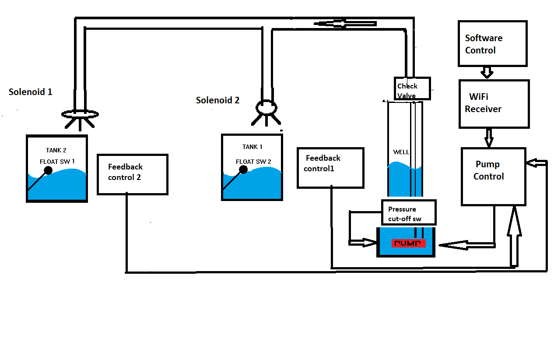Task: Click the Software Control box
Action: pos(492,43)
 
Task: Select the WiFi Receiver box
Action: pos(494,104)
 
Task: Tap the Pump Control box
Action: pos(493,176)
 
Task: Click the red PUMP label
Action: pos(409,243)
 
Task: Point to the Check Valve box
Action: pos(412,88)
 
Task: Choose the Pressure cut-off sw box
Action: pos(409,214)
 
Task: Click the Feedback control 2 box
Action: pos(132,174)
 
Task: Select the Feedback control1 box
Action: pos(330,168)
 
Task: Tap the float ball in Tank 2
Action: pos(48,170)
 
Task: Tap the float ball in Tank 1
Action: pos(244,170)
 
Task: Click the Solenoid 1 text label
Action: pos(30,92)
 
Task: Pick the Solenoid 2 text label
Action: pos(217,100)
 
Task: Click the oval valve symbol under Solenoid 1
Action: pos(80,114)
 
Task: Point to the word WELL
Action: pos(401,152)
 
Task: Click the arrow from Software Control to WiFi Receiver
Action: pos(487,72)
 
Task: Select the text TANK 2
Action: pos(56,150)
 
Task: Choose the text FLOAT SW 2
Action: pos(253,162)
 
